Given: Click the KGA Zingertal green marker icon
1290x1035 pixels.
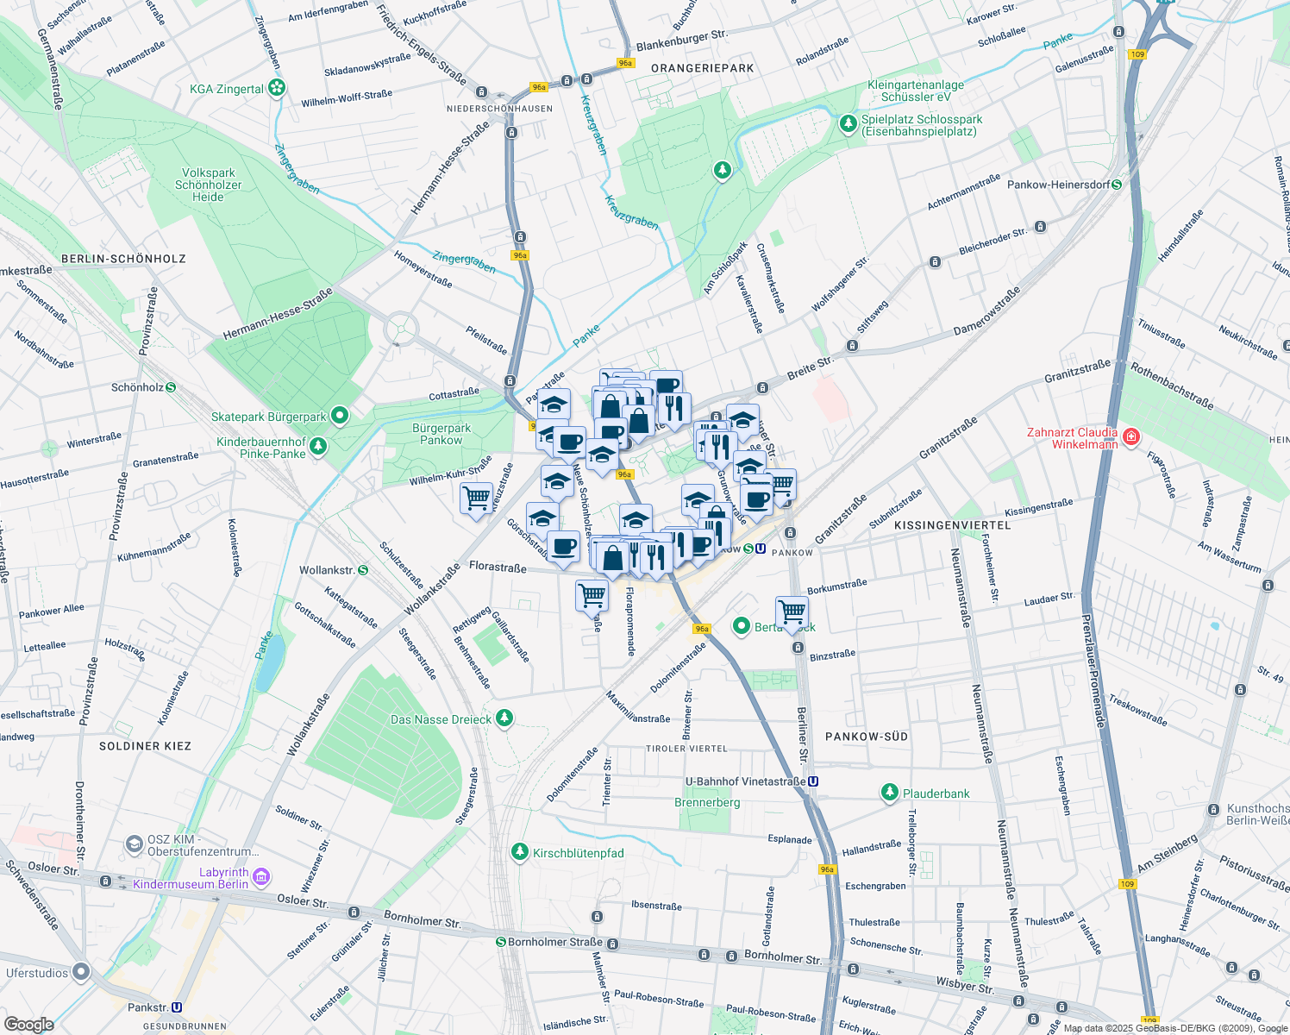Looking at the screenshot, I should point(276,88).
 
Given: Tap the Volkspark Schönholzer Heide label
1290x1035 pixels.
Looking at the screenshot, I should point(208,185).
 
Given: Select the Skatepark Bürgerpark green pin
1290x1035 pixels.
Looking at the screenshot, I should point(340,417).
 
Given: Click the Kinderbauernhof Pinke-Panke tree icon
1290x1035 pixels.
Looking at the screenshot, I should point(319,446).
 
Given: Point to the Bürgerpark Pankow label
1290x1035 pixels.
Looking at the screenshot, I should point(441,434).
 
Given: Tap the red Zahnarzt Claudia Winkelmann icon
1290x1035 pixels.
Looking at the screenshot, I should point(1130,437).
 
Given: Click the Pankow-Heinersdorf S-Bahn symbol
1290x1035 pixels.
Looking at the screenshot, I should point(1117,185).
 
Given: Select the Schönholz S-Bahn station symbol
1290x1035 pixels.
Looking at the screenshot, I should point(171,387).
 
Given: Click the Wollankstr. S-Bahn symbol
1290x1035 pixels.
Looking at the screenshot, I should point(363,570).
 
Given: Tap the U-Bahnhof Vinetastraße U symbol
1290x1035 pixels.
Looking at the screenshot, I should point(813,781).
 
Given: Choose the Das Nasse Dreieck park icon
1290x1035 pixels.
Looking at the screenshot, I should point(504,718).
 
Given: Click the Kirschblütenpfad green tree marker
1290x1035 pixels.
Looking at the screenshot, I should point(519,852).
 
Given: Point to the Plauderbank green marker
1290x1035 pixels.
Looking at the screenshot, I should point(890,792).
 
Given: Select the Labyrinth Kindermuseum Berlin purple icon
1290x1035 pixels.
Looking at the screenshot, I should point(261,877).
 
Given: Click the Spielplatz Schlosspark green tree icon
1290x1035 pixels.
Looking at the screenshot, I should point(849,125).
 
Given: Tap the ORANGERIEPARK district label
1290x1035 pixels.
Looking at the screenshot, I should point(702,68).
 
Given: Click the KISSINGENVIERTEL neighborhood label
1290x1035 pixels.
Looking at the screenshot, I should point(952,525).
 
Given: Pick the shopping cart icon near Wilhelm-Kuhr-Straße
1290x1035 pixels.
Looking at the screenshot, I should point(476,498).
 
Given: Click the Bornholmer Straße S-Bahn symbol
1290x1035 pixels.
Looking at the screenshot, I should point(500,942).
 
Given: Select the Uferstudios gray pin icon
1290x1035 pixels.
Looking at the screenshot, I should point(82,972).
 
